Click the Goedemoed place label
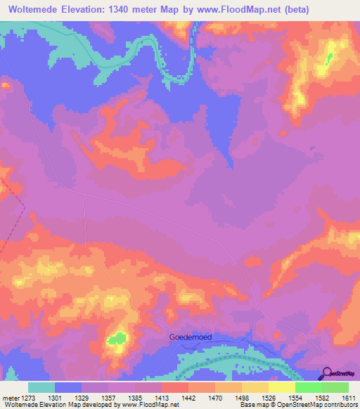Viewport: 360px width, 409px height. [191, 337]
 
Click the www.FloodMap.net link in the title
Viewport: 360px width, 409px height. [232, 9]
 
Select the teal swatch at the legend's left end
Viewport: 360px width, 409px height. [41, 387]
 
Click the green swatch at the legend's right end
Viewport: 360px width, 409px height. [335, 387]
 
